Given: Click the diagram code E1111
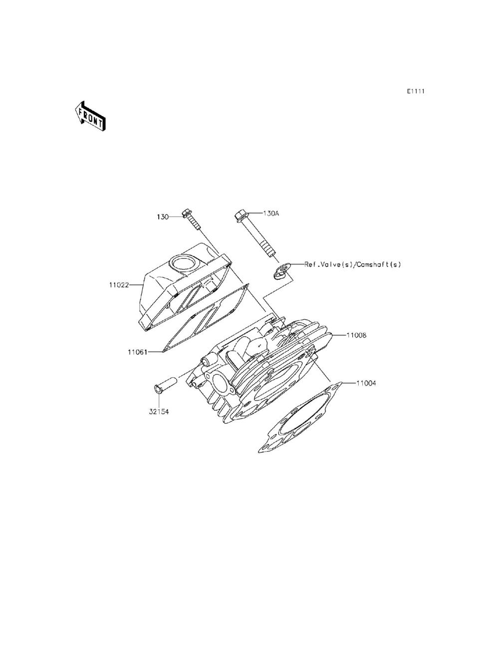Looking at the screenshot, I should pyautogui.click(x=415, y=91).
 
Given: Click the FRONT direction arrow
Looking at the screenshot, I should pyautogui.click(x=89, y=116).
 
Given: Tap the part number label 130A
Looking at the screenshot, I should pyautogui.click(x=271, y=214).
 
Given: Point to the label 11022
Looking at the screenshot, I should pyautogui.click(x=119, y=285).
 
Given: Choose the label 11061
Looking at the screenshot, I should pyautogui.click(x=137, y=352).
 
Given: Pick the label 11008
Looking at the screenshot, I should pyautogui.click(x=357, y=335).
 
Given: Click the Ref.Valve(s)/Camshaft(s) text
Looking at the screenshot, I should pyautogui.click(x=353, y=264).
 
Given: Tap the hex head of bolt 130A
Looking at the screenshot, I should pyautogui.click(x=241, y=216).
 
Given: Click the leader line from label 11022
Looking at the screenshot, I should pyautogui.click(x=137, y=285).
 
